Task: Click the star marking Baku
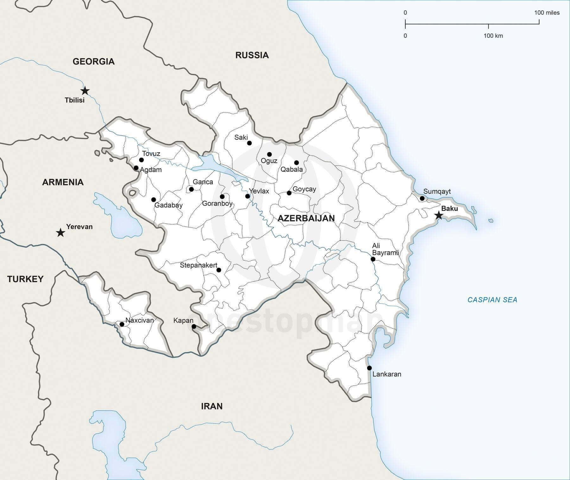click(439, 215)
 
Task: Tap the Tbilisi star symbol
click(85, 91)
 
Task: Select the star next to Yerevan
click(60, 233)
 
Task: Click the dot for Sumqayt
click(422, 198)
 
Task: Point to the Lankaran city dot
click(369, 368)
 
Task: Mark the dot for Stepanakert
click(218, 270)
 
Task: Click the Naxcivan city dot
click(122, 324)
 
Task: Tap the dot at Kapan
click(194, 326)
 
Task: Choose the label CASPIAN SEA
click(492, 300)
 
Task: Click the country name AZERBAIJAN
click(306, 218)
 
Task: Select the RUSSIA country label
click(252, 55)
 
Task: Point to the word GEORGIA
click(93, 61)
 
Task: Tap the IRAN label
click(212, 406)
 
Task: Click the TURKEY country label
click(25, 279)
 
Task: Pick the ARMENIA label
click(63, 182)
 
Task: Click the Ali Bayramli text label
click(385, 249)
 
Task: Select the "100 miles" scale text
click(547, 13)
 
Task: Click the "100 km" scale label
click(493, 36)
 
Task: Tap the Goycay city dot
click(289, 193)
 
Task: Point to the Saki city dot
click(249, 143)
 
